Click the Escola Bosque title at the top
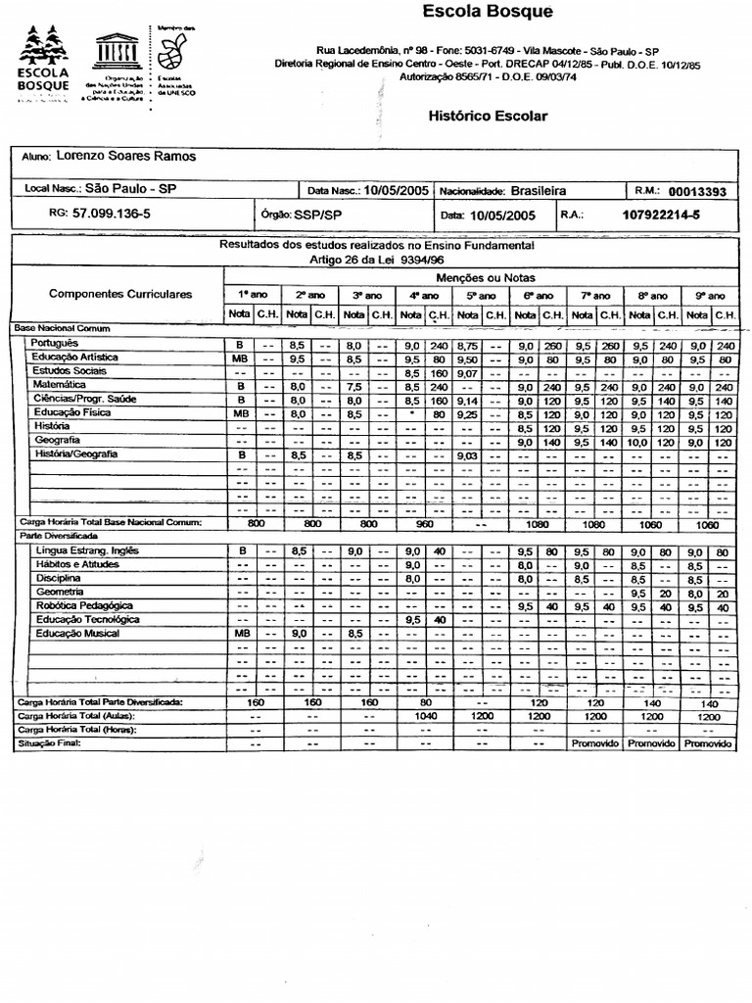coord(487,13)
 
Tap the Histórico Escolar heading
coord(488,116)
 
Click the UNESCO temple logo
coord(116,51)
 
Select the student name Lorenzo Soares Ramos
coord(125,157)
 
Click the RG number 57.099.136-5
coord(112,214)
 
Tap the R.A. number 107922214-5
coord(661,215)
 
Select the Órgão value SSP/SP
coord(319,215)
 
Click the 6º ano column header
coord(538,296)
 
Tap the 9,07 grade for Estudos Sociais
coord(467,372)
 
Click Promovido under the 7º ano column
coord(595,744)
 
